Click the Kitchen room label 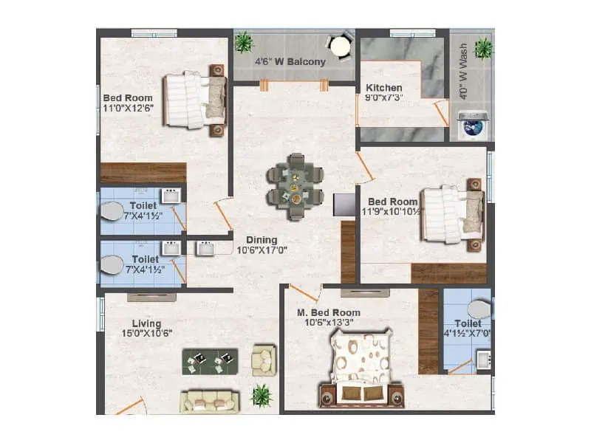[x=384, y=88]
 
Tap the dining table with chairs [x=295, y=186]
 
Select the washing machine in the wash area [x=471, y=126]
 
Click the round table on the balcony [x=340, y=47]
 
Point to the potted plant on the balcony [x=243, y=43]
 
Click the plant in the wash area [x=483, y=48]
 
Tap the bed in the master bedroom [x=361, y=368]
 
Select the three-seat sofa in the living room [x=211, y=400]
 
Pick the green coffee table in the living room [x=211, y=360]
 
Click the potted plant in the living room [x=261, y=395]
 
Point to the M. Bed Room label [x=329, y=312]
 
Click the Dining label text [x=262, y=239]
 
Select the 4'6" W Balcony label [x=290, y=62]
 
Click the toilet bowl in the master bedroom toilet [x=479, y=309]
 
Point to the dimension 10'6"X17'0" [x=262, y=250]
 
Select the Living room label [x=147, y=323]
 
